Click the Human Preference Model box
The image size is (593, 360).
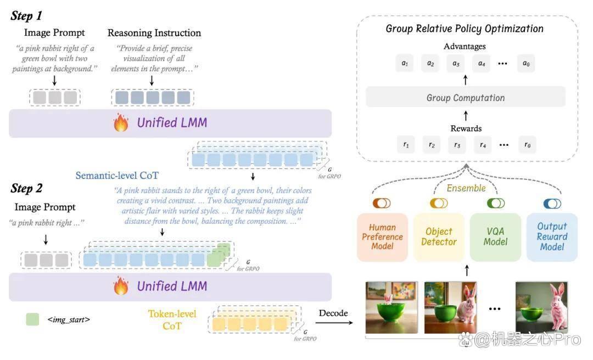[382, 237]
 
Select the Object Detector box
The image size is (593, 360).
[439, 237]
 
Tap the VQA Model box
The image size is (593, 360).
[495, 237]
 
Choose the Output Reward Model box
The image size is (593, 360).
[552, 237]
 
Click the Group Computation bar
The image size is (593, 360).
[466, 97]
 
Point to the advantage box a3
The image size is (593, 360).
[456, 64]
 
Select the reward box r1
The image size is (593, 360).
[406, 144]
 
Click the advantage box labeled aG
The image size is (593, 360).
[526, 64]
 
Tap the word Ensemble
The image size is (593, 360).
[466, 188]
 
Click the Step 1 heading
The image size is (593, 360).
[26, 15]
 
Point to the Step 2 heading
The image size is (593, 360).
[26, 188]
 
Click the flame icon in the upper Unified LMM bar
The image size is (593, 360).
[121, 122]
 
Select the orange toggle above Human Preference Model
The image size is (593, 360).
[382, 203]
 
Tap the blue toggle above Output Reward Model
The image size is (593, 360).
[552, 204]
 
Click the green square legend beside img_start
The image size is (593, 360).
[32, 319]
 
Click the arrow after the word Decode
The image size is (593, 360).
[334, 323]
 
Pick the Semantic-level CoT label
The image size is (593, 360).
[117, 176]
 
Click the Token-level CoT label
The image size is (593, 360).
[172, 320]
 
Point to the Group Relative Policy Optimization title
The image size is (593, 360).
[465, 29]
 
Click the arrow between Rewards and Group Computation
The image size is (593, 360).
[466, 116]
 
